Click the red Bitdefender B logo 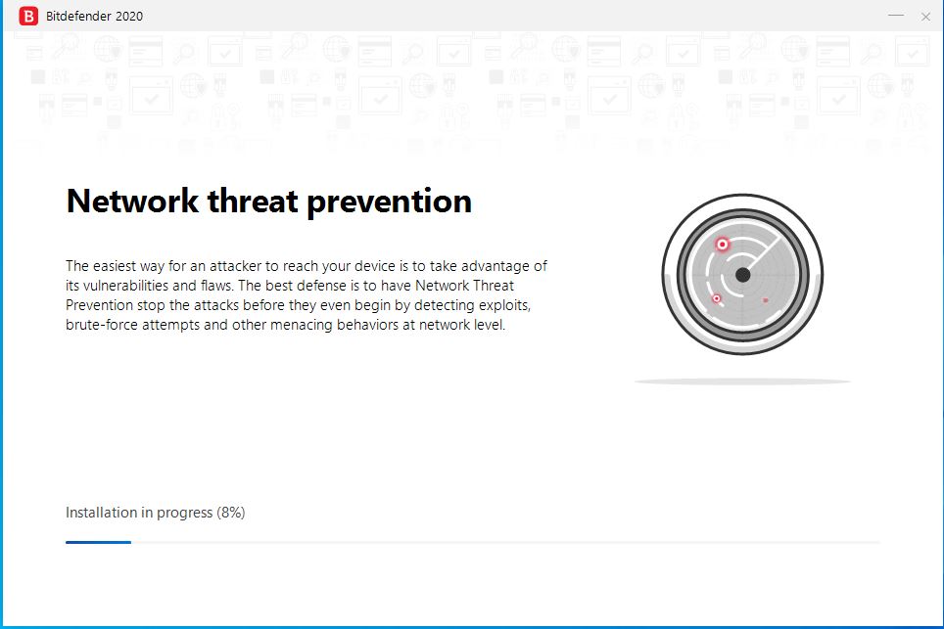tap(28, 17)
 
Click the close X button tap(926, 17)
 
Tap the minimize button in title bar tap(896, 15)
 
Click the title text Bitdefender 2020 tap(95, 17)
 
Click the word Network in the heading tap(132, 201)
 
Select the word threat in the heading tap(253, 201)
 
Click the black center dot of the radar tap(743, 275)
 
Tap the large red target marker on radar tap(722, 245)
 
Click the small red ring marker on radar tap(717, 298)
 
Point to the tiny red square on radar tap(765, 299)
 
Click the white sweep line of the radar tap(763, 255)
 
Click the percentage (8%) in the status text tap(230, 513)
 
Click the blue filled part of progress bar tap(98, 542)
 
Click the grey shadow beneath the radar tap(742, 382)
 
